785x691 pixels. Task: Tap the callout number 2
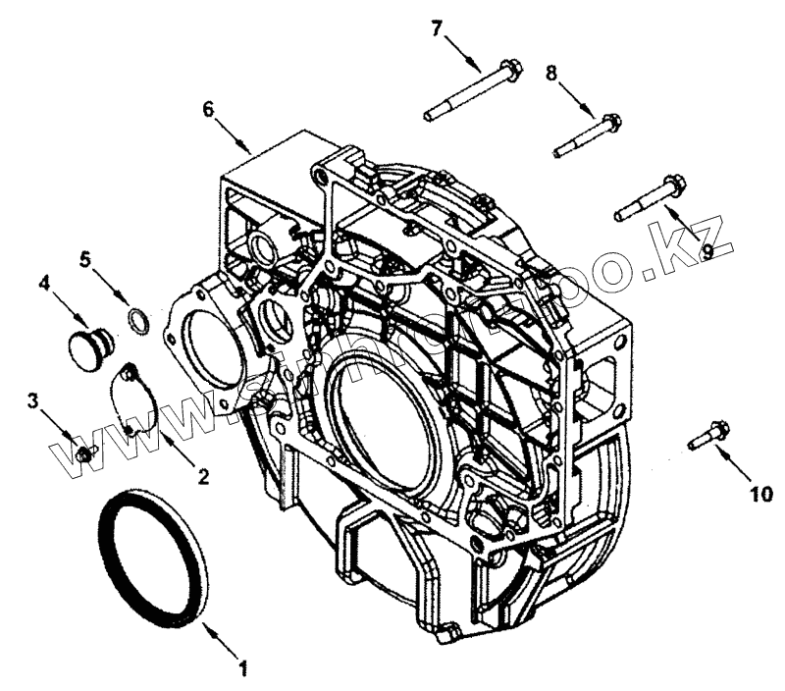[x=204, y=478]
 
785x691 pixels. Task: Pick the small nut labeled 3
[x=84, y=453]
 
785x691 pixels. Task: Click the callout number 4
[x=45, y=282]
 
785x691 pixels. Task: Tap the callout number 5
[x=85, y=259]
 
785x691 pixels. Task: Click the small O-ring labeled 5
[x=139, y=317]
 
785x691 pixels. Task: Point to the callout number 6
[x=208, y=109]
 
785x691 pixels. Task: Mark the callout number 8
[x=551, y=72]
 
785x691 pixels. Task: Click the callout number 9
[x=704, y=249]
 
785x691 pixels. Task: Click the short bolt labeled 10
[x=706, y=435]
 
